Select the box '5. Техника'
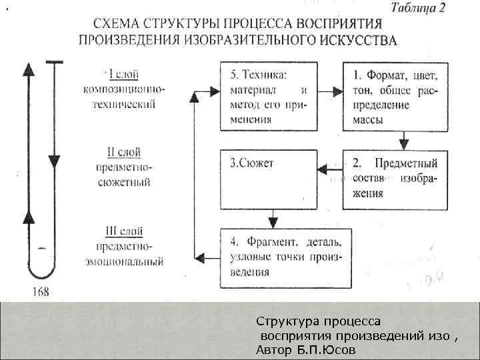267,97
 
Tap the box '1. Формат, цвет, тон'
395,97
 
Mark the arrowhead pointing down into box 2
404,141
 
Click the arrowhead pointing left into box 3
322,171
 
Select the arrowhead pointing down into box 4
271,222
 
